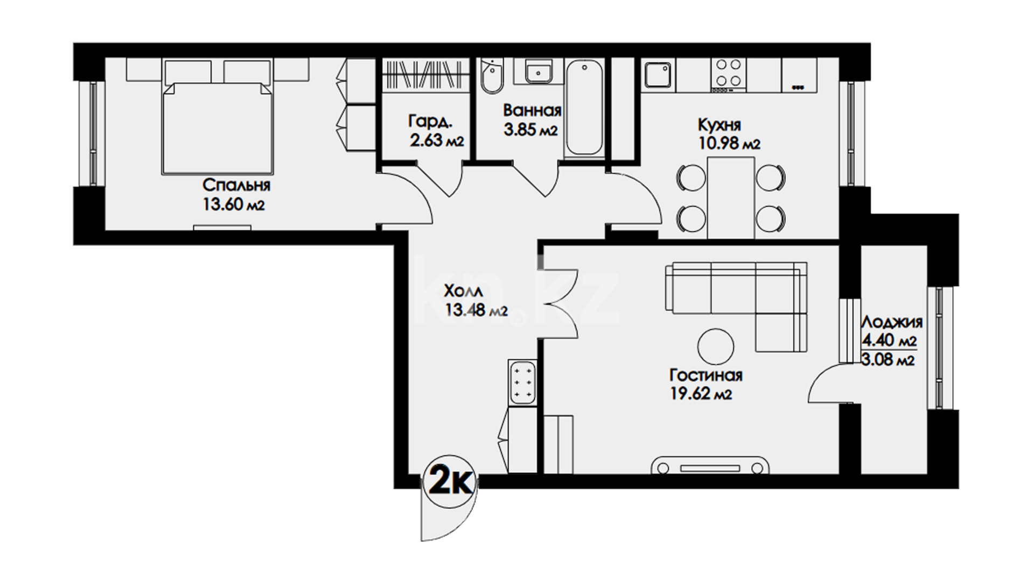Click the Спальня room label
click(x=236, y=186)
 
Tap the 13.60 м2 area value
click(x=234, y=205)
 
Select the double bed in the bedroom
click(x=217, y=128)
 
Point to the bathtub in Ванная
click(x=585, y=108)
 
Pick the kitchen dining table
click(x=731, y=197)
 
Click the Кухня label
click(x=719, y=125)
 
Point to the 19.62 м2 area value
click(x=701, y=394)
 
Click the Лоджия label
click(x=892, y=322)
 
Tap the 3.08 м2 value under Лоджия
click(x=888, y=360)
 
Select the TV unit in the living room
click(x=710, y=465)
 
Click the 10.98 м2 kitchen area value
click(x=728, y=144)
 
